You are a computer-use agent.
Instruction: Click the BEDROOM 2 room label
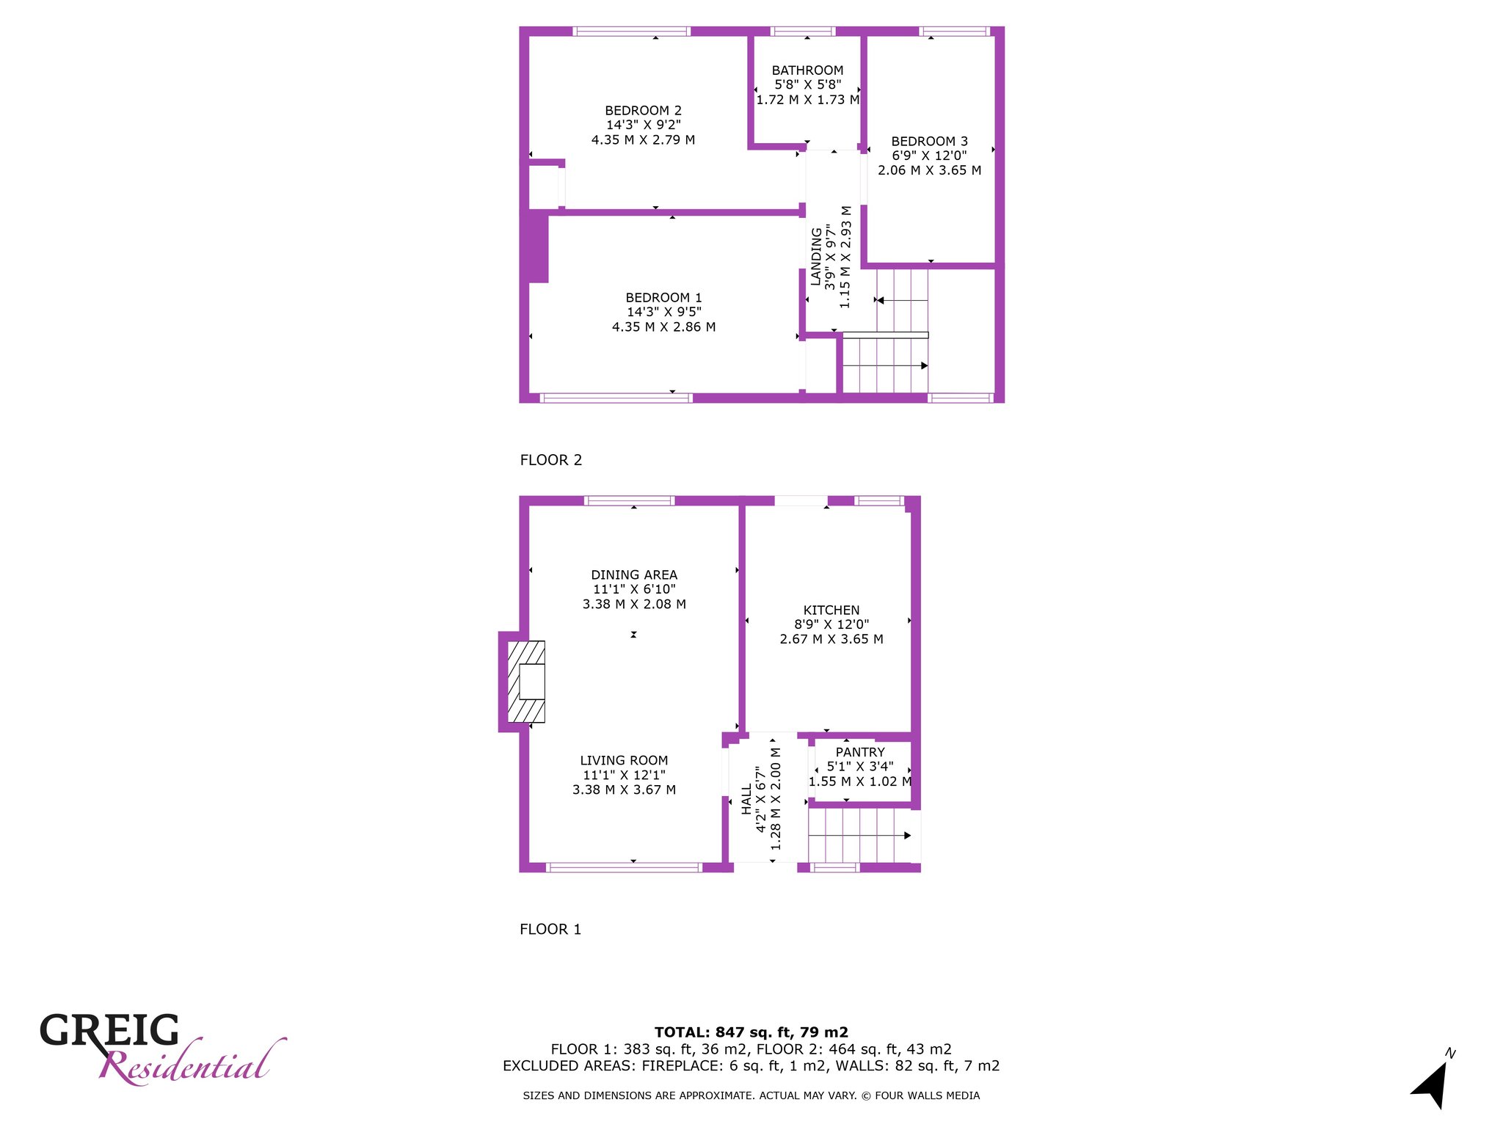coord(643,111)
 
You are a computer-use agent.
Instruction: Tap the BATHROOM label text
coord(807,70)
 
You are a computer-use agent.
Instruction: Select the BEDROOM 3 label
coord(929,141)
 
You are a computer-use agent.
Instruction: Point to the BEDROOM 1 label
coord(663,297)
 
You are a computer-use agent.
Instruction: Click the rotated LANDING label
coord(816,257)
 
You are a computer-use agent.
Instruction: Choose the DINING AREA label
coord(634,575)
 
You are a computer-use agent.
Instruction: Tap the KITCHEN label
coord(831,610)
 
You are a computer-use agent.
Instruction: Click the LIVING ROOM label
coord(624,760)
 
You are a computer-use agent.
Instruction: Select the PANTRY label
coord(860,752)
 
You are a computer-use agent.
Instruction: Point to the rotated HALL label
coord(746,799)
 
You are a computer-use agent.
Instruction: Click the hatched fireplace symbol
coord(526,682)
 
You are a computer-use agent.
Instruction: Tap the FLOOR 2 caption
coord(551,460)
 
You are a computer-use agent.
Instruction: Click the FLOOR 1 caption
coord(550,929)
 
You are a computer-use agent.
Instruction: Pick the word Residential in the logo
coord(192,1062)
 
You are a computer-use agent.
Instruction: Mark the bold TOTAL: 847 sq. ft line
coord(751,1032)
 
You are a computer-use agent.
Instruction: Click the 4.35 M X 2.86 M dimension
coord(663,327)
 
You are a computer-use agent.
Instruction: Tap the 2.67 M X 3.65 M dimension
coord(831,639)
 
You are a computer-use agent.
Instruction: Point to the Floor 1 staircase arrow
coord(859,836)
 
